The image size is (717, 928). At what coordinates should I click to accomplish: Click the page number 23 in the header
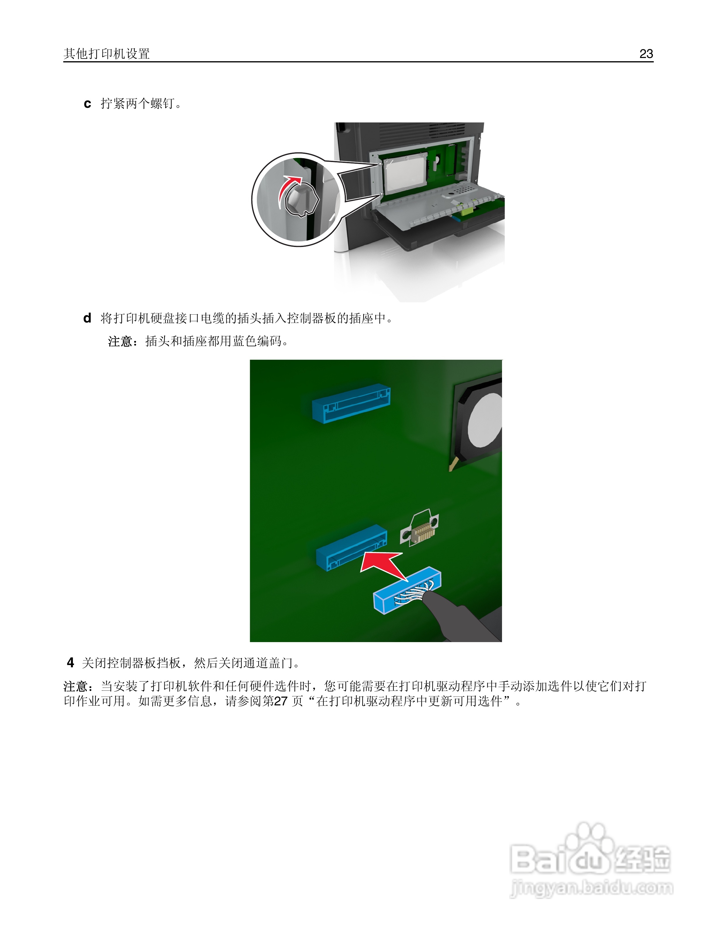(x=646, y=54)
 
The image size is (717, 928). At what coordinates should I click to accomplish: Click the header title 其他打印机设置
(x=107, y=54)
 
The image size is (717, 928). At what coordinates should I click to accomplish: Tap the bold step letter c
(x=87, y=104)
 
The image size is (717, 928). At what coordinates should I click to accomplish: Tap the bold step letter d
(x=87, y=318)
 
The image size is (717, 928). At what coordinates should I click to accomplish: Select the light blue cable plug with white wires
(x=407, y=591)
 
